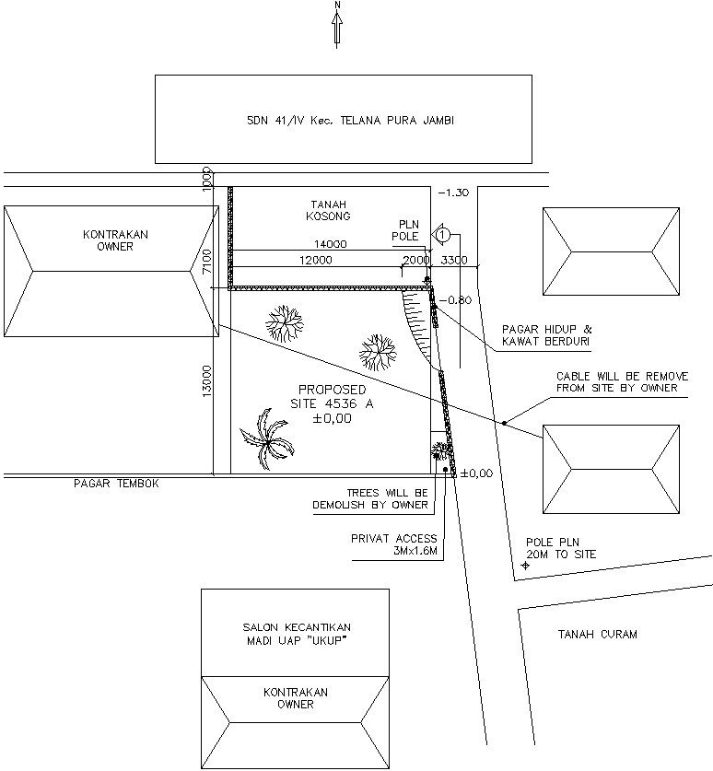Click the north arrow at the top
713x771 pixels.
(x=337, y=24)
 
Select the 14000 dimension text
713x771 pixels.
(x=329, y=245)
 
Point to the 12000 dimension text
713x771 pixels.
(x=314, y=261)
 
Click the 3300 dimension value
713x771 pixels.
(x=454, y=261)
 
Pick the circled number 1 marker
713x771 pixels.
(x=442, y=236)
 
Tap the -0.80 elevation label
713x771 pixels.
(x=455, y=300)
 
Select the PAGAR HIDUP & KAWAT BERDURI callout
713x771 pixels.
(x=547, y=335)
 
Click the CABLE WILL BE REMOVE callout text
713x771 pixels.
(x=616, y=382)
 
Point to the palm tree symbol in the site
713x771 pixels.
(x=268, y=438)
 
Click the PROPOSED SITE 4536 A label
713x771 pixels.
(x=332, y=403)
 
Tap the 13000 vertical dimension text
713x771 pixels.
(x=206, y=380)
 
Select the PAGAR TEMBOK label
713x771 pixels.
(x=117, y=484)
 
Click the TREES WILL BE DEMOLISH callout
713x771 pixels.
(x=387, y=499)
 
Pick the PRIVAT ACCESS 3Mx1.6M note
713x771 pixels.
(x=393, y=545)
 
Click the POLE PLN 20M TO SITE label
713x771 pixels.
(x=561, y=548)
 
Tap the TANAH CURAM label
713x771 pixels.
(x=597, y=634)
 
